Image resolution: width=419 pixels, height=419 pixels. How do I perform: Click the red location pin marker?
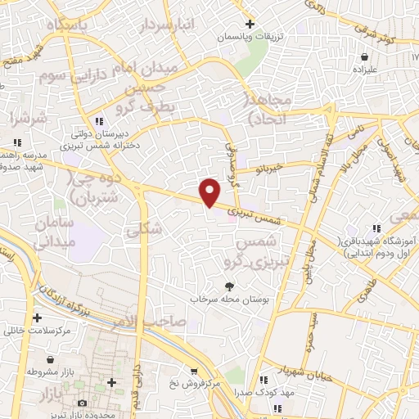[x=210, y=192]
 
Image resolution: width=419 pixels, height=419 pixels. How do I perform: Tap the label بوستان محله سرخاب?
[x=231, y=299]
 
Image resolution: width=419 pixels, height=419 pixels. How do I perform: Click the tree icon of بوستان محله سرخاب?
[x=230, y=286]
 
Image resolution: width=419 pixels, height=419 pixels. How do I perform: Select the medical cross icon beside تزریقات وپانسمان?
[x=250, y=24]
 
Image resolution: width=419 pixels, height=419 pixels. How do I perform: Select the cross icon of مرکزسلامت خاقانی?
[x=36, y=318]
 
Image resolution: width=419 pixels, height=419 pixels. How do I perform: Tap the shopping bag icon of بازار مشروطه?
[x=52, y=359]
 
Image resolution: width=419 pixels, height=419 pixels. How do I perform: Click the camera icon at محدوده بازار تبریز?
[x=81, y=403]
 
